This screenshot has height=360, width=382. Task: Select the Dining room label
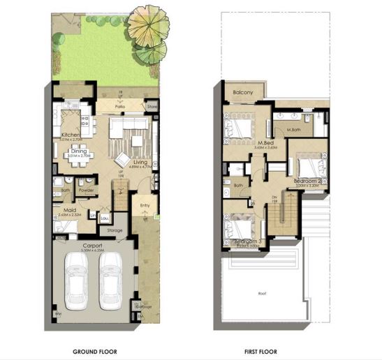[78, 151]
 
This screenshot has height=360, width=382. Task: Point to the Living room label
[140, 163]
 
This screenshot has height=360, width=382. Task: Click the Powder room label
[87, 189]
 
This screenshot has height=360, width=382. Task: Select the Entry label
[145, 205]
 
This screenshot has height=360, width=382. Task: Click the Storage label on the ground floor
[115, 230]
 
